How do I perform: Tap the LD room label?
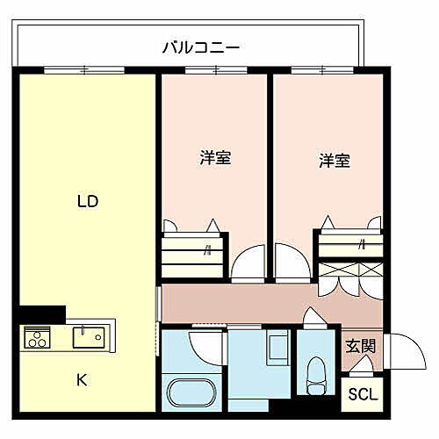[x=87, y=201]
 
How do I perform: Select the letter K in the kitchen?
[x=81, y=380]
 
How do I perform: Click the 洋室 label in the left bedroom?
[x=215, y=159]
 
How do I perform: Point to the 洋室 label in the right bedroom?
[x=334, y=161]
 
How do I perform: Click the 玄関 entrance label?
[x=360, y=346]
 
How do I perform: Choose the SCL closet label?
[x=363, y=394]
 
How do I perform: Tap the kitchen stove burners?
[x=38, y=337]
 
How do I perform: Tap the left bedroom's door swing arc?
[x=246, y=262]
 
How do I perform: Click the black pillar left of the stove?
[x=42, y=313]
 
